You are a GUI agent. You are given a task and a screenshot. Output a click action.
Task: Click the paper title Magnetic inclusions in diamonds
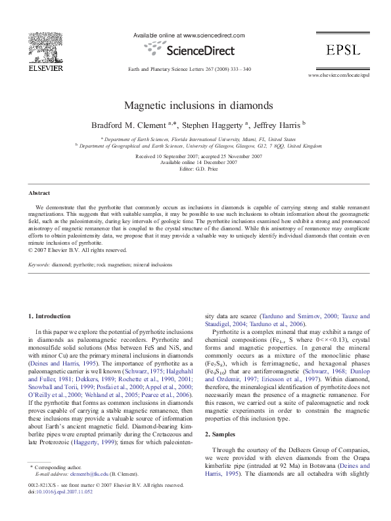pos(195,105)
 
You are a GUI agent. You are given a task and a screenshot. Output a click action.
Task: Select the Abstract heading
pos(39,193)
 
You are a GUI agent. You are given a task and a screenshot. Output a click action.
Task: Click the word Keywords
pos(39,265)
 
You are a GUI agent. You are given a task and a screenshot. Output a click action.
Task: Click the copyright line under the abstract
pos(76,250)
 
